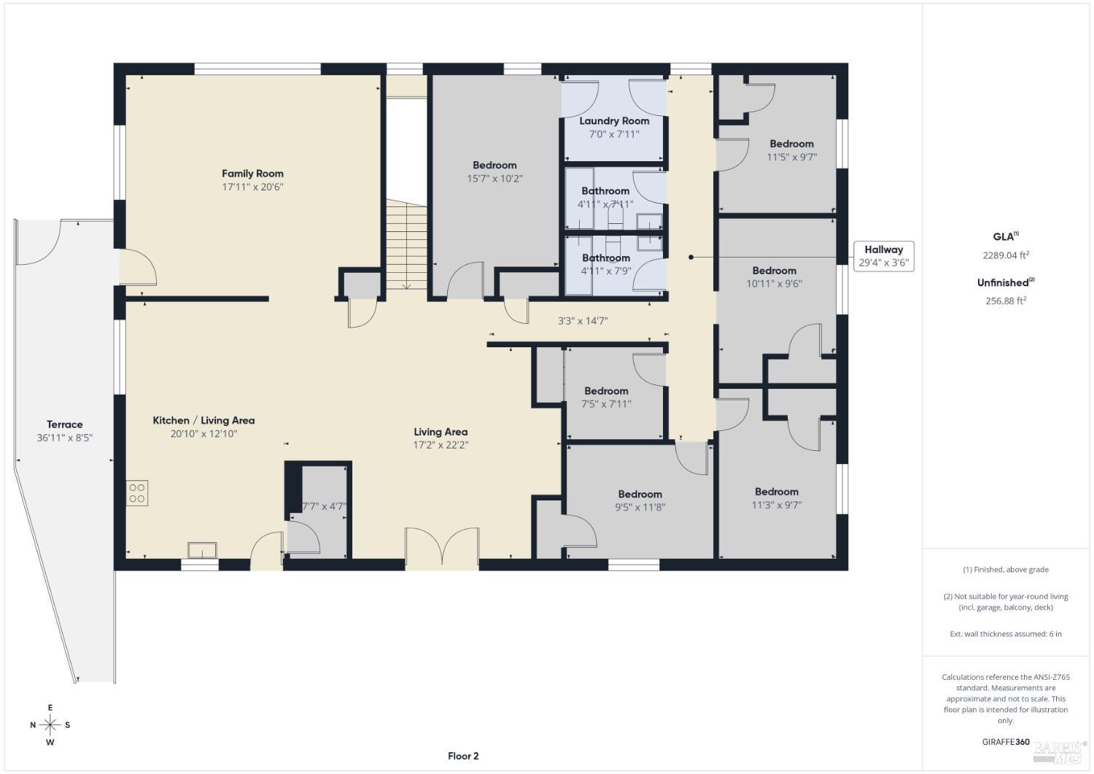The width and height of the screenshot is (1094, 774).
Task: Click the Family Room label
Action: [252, 174]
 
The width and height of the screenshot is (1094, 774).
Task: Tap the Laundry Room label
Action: [614, 121]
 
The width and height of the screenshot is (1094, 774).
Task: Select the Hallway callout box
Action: [883, 256]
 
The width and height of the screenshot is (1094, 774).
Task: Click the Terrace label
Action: [65, 425]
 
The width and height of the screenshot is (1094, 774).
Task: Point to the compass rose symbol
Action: [50, 724]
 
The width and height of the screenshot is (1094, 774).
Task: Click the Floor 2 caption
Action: [463, 756]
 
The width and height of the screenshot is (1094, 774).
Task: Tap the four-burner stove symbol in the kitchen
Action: [137, 492]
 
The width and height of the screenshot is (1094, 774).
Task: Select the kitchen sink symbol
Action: [202, 549]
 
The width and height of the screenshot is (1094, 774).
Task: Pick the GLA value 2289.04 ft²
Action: [1005, 255]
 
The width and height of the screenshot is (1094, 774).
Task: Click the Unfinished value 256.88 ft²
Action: [1005, 301]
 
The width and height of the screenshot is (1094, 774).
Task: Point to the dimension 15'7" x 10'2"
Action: [494, 179]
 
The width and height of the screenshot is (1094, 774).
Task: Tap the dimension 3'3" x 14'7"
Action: [582, 320]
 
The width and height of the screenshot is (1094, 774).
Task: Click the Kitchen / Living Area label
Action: [203, 420]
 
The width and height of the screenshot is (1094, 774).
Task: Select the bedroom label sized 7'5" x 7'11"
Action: [605, 391]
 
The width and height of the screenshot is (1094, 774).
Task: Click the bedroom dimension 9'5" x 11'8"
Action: [640, 508]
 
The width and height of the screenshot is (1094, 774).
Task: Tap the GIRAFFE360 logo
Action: [1006, 742]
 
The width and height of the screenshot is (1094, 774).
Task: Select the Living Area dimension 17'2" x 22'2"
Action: [440, 445]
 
